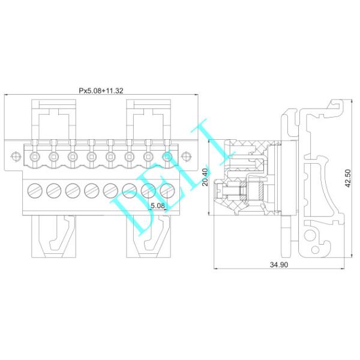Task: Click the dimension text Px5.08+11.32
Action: (x=101, y=91)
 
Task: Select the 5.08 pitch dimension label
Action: (x=158, y=205)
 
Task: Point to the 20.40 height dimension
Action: (x=205, y=178)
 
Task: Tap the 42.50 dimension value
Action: (x=348, y=178)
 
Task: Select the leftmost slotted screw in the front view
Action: (x=34, y=191)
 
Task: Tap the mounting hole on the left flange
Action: (x=14, y=157)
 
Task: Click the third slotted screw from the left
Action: (x=72, y=191)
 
